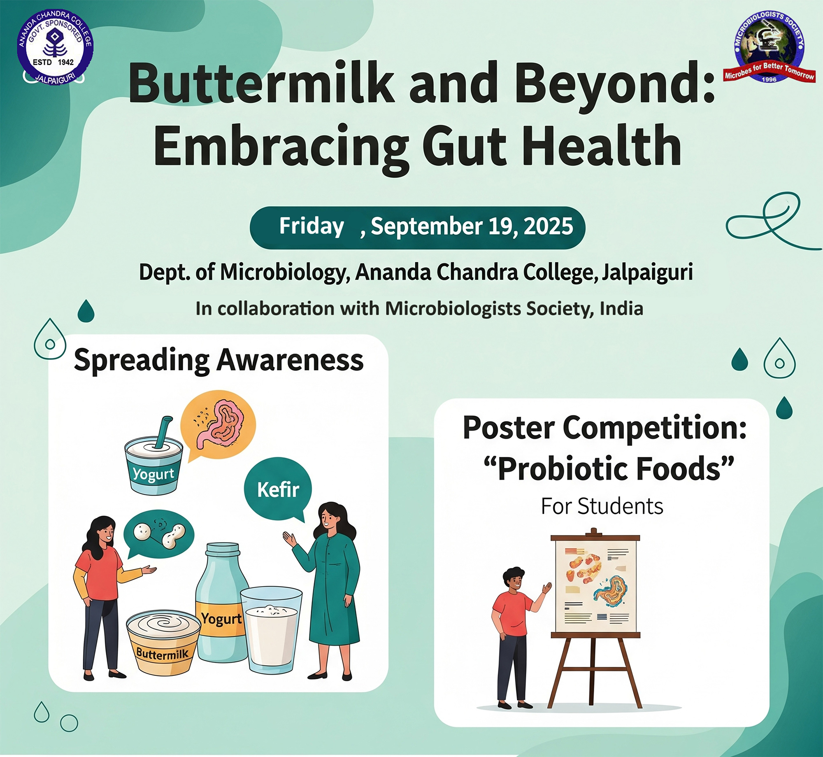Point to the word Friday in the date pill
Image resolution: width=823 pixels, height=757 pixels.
[x=312, y=226]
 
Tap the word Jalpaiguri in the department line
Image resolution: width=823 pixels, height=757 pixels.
[x=647, y=273]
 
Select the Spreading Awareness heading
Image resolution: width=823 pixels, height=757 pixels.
[x=219, y=360]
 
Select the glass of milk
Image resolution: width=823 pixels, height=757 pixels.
[x=272, y=629]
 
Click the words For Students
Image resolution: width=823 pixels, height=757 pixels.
[x=602, y=506]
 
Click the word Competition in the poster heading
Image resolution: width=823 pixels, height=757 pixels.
[x=654, y=429]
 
